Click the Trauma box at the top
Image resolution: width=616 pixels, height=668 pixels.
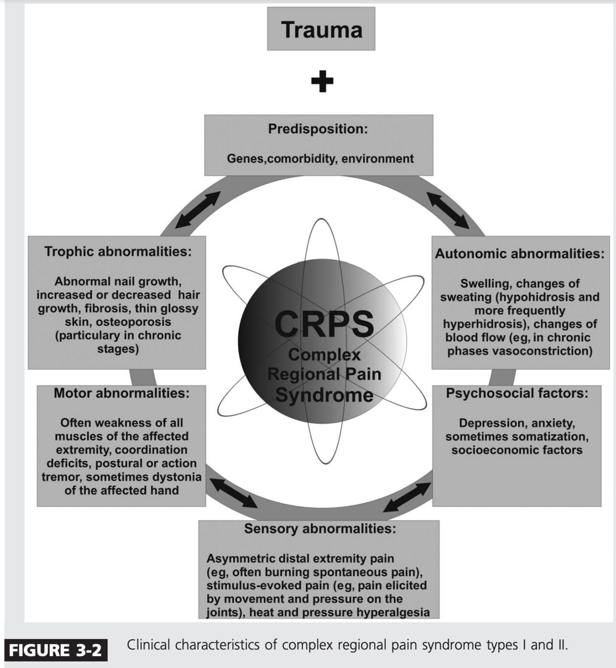321,29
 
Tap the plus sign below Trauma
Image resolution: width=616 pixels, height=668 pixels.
322,82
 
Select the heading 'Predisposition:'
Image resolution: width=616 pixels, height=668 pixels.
318,129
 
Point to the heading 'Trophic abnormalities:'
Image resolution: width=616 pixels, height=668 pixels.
118,251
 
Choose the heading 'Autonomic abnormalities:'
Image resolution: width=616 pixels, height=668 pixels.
520,254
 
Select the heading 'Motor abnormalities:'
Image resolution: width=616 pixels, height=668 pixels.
122,393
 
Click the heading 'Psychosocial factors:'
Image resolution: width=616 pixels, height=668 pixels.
517,393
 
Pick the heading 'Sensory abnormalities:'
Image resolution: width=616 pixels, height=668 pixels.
320,529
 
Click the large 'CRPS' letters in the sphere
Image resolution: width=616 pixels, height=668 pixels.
324,324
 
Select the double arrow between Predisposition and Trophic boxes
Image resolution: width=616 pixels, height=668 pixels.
197,209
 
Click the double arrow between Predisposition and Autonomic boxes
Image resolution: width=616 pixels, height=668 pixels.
448,210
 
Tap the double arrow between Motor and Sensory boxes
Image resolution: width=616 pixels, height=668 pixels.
233,493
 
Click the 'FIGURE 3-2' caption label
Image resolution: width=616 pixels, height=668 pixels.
55,650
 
